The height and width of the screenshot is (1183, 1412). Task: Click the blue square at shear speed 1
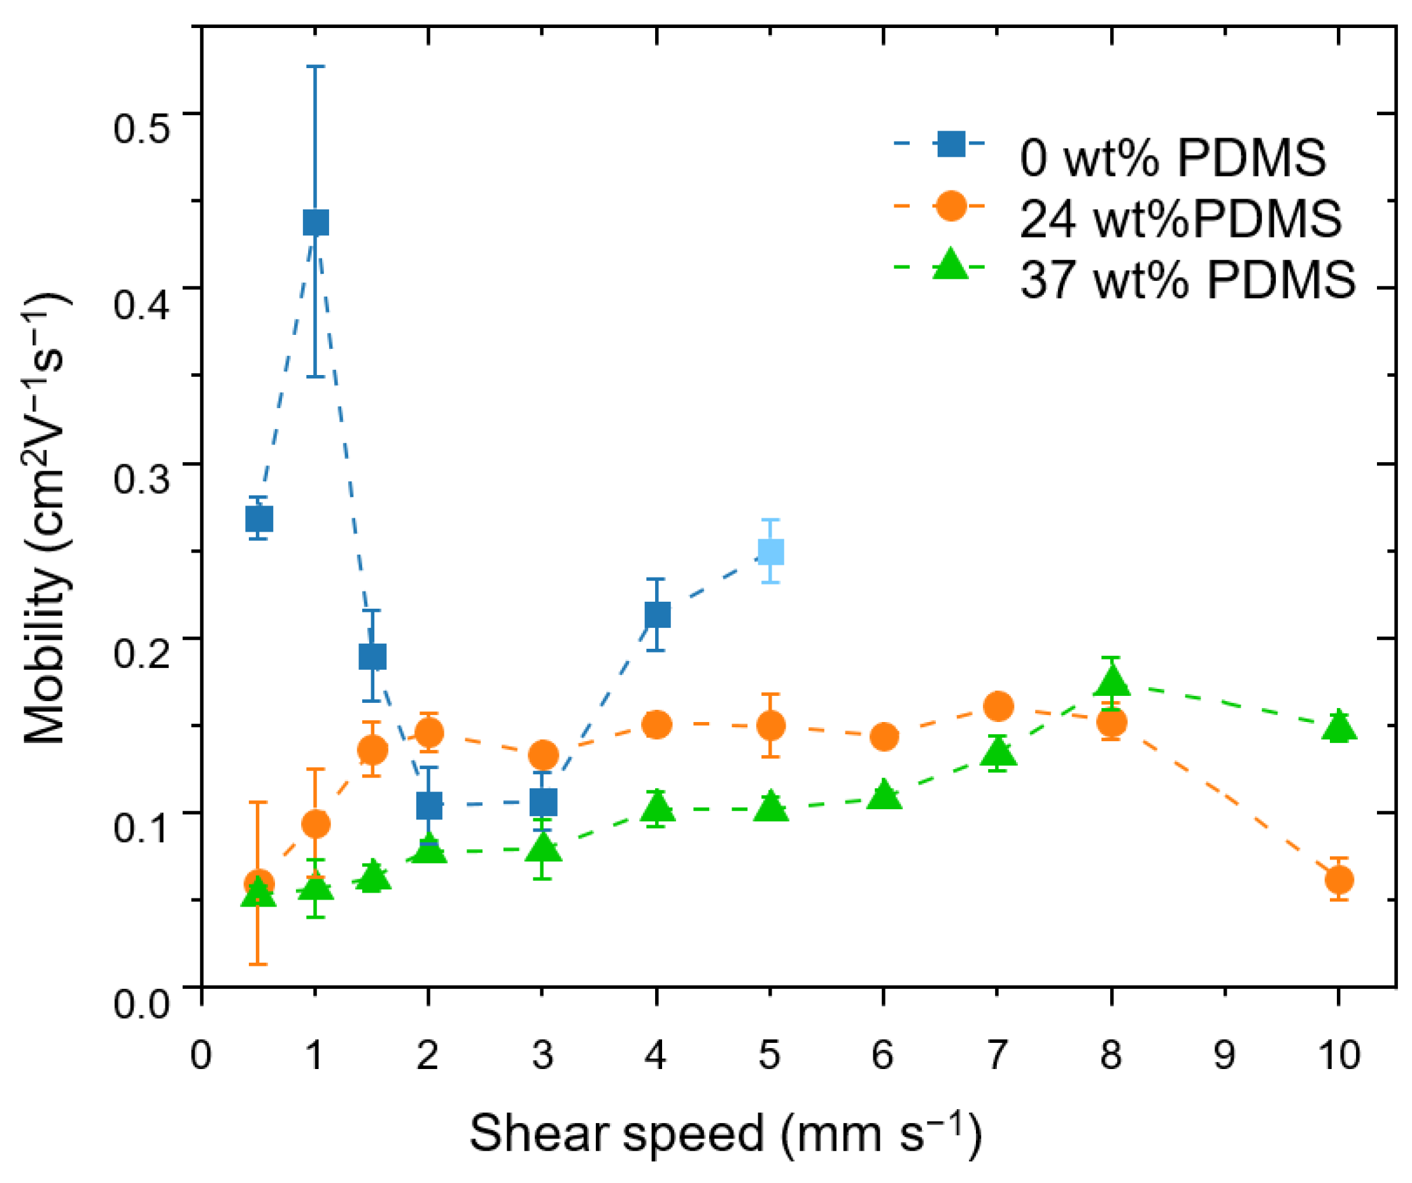point(316,222)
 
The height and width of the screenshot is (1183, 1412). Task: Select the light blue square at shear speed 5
point(771,551)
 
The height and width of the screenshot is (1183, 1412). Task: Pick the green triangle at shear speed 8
point(1112,682)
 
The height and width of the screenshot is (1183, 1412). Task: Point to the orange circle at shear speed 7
point(998,706)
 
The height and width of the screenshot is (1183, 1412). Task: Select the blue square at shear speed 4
point(657,614)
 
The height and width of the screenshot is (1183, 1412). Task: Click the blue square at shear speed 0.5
point(259,518)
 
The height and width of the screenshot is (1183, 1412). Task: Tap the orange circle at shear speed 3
point(543,755)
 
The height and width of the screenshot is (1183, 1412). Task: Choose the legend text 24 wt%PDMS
point(1180,218)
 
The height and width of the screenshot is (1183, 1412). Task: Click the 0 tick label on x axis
point(201,1054)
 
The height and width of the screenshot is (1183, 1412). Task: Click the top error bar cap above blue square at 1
point(316,67)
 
